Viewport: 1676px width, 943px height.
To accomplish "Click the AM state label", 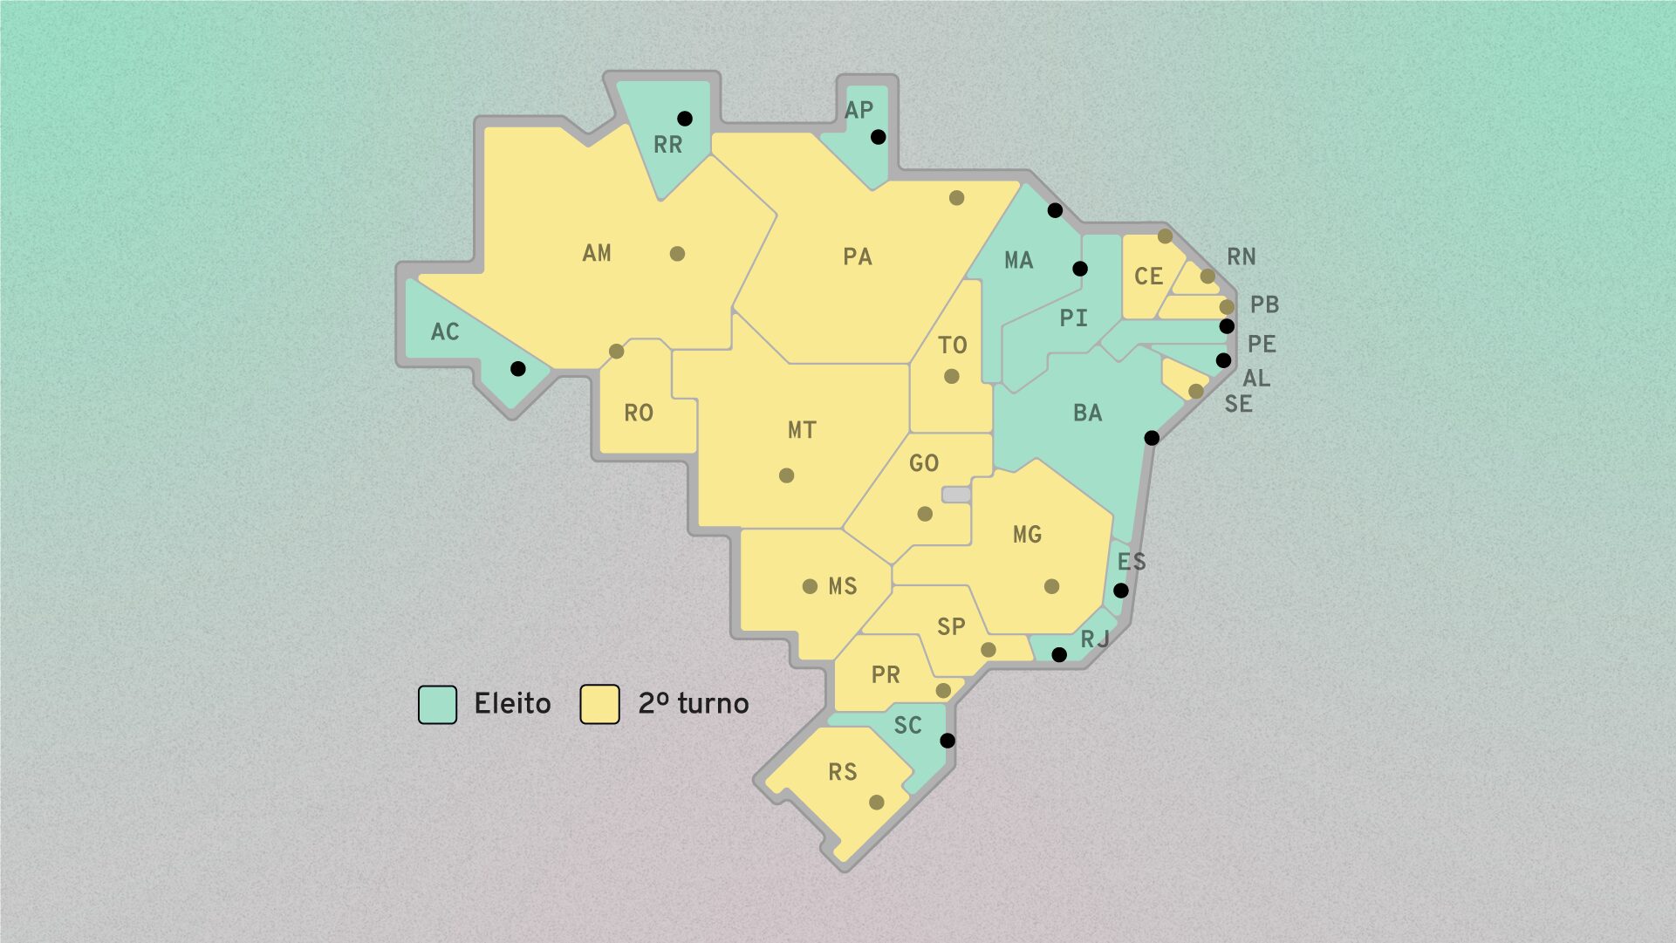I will [597, 253].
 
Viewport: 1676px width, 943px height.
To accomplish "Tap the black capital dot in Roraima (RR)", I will [685, 119].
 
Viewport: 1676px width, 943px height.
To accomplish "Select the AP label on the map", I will [859, 110].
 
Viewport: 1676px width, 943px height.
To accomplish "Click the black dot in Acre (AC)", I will [518, 369].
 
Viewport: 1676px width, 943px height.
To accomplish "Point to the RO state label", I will [639, 413].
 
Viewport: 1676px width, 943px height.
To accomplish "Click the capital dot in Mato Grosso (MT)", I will [786, 475].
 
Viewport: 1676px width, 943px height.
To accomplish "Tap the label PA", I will [857, 256].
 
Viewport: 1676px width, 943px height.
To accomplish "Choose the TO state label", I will [952, 345].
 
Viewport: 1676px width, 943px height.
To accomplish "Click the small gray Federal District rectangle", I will [956, 495].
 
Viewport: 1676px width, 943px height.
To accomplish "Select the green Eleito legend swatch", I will [437, 704].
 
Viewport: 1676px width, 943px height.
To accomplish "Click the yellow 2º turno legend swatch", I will [600, 704].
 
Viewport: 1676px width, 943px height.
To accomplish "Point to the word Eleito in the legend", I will [512, 704].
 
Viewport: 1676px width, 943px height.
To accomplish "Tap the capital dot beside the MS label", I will [810, 586].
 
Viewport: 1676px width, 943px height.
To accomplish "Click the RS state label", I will [842, 772].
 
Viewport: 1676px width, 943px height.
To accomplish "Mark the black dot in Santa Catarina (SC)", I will [947, 741].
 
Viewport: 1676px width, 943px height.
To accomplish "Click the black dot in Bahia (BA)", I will [1152, 438].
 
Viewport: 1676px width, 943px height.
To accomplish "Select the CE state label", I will [1148, 277].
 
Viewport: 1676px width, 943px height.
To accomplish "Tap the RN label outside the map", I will [1241, 256].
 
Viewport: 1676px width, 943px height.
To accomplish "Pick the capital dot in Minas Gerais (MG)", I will [1051, 586].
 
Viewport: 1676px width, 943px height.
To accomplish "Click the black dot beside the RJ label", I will [1059, 654].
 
